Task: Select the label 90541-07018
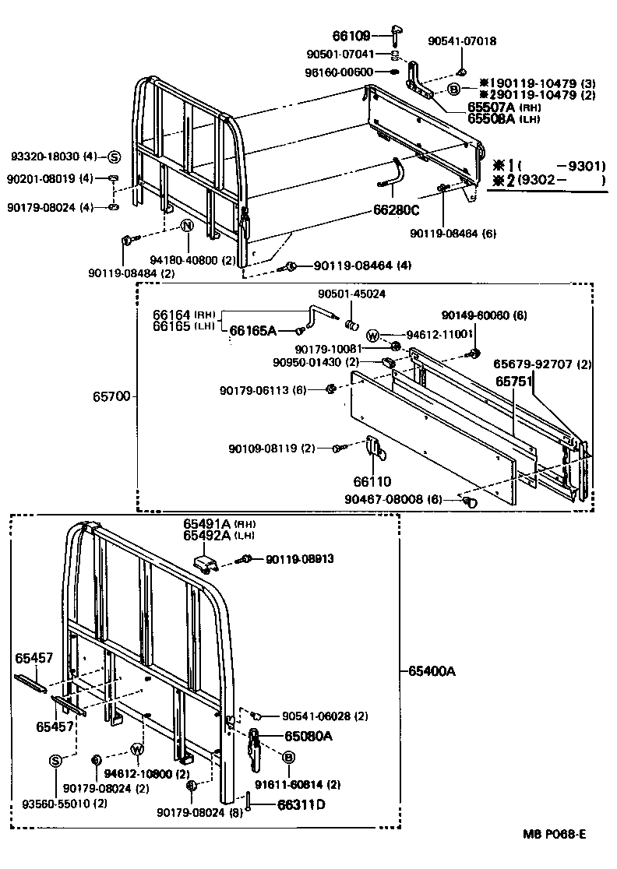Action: pyautogui.click(x=462, y=41)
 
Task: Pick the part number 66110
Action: pyautogui.click(x=372, y=482)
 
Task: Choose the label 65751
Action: pyautogui.click(x=514, y=382)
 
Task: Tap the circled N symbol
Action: pyautogui.click(x=187, y=226)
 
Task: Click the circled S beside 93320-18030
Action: pyautogui.click(x=113, y=157)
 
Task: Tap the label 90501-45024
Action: pyautogui.click(x=351, y=294)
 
